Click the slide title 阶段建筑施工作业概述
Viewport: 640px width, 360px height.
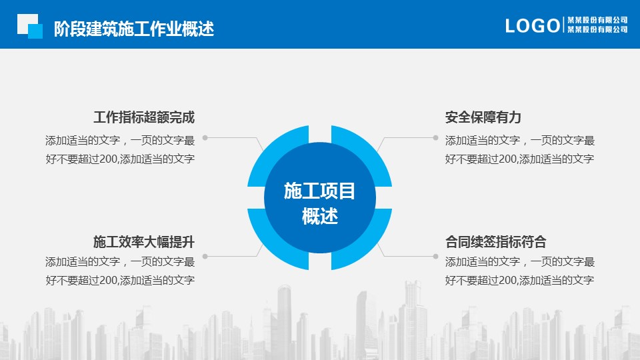134,29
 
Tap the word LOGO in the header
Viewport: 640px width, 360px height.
533,26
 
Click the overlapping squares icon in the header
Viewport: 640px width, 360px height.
30,26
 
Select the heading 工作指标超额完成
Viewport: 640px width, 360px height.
144,117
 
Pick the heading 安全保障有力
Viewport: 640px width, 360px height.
483,117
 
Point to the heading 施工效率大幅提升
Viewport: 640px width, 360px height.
144,241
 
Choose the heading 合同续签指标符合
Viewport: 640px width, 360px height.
496,241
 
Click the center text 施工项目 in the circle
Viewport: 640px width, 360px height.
319,191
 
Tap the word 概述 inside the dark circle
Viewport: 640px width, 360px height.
320,216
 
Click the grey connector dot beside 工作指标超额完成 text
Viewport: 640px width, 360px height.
205,138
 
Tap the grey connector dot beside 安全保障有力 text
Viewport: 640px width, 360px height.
435,138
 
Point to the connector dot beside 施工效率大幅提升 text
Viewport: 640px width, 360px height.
205,256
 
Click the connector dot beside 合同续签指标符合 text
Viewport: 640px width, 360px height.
435,256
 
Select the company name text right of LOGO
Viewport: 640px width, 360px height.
597,25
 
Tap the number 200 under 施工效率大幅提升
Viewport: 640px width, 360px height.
109,281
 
